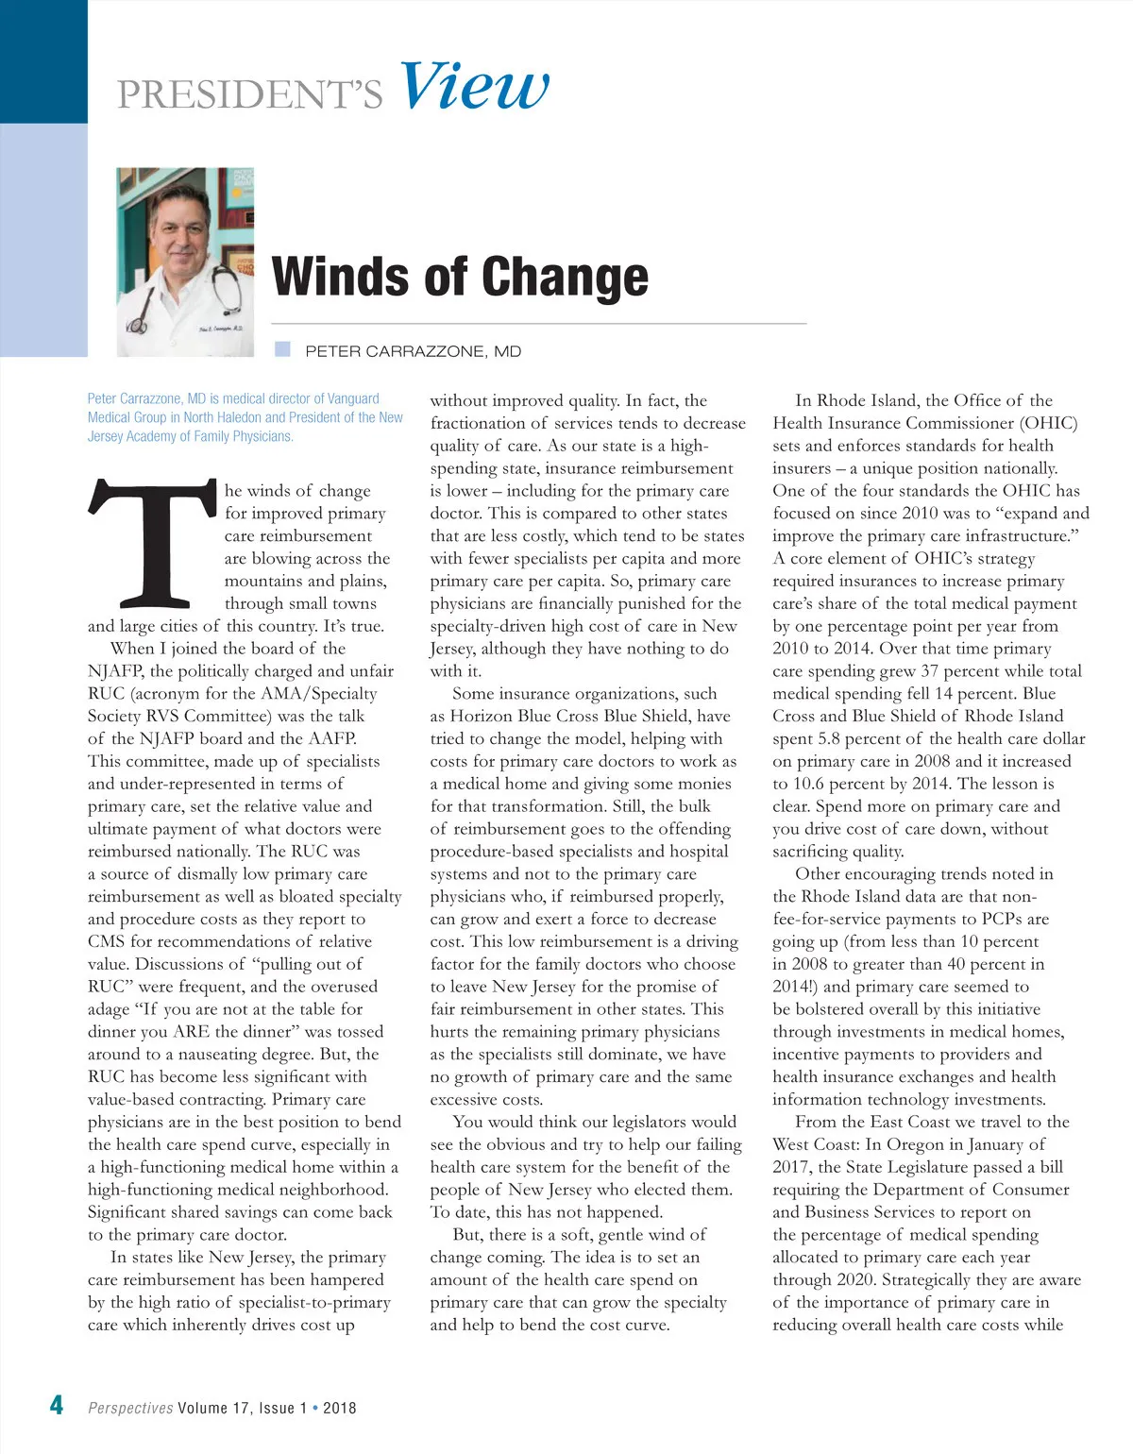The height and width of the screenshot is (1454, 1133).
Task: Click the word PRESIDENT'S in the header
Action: point(250,94)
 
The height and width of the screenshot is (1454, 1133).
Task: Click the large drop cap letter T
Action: point(151,543)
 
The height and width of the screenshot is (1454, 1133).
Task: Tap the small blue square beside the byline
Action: point(282,349)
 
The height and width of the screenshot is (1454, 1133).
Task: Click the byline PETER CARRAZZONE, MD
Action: point(413,351)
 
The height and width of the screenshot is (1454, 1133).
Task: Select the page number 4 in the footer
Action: point(57,1405)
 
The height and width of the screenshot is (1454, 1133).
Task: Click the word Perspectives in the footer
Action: point(130,1408)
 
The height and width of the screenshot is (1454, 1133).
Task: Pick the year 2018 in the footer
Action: point(340,1408)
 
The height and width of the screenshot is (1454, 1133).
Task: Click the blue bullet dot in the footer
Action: point(315,1407)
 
